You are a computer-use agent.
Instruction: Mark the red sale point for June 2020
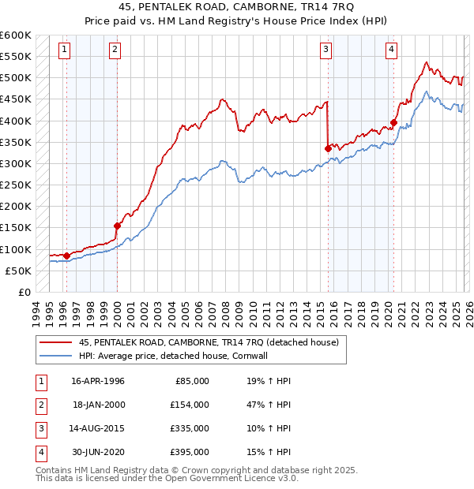(393, 123)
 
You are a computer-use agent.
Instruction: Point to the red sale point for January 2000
(118, 226)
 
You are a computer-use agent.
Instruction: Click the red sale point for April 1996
(66, 255)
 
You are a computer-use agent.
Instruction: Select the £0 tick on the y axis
(24, 292)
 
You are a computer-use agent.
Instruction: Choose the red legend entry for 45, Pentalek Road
(209, 342)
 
